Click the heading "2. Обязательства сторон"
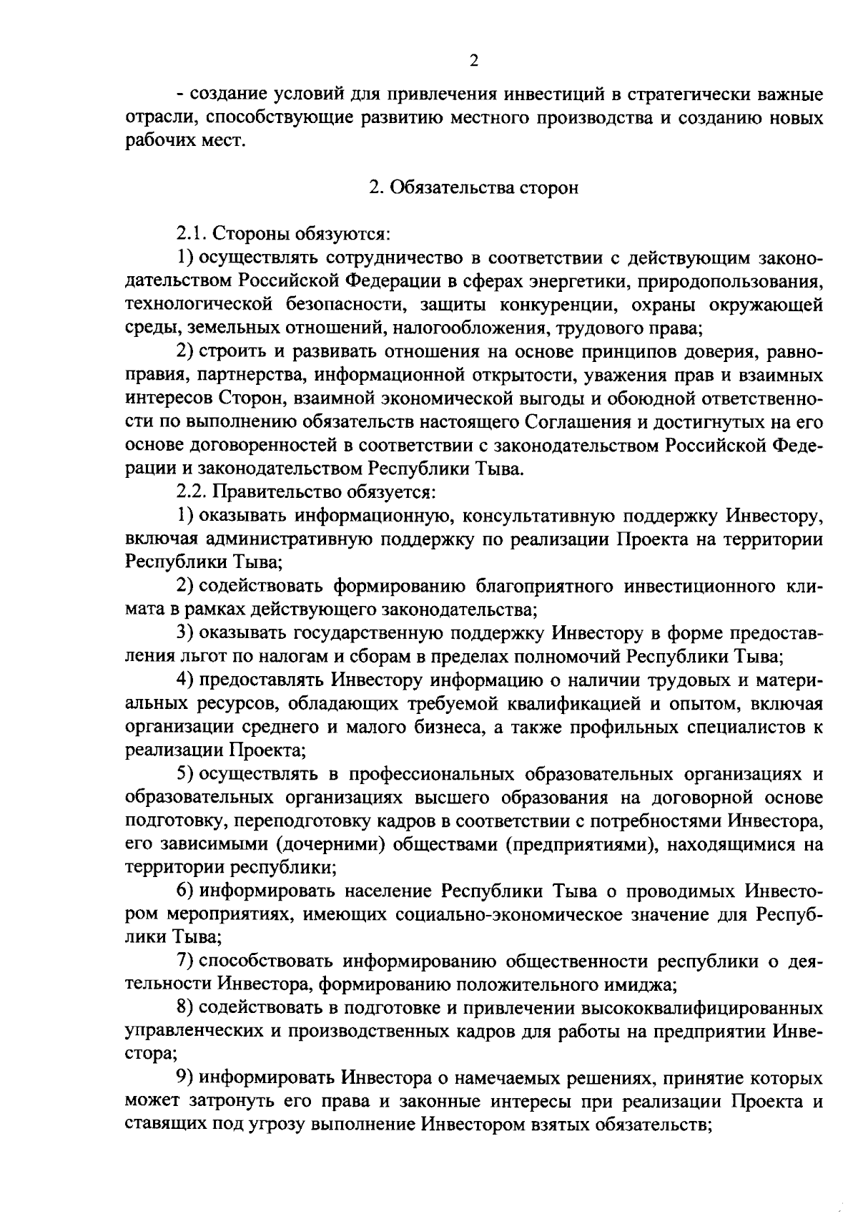coord(473,187)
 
